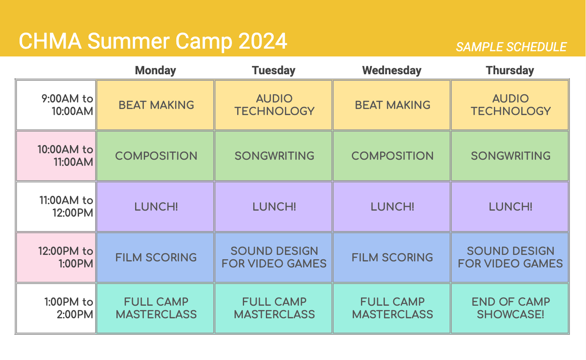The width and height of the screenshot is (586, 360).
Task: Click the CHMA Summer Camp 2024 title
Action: pyautogui.click(x=153, y=41)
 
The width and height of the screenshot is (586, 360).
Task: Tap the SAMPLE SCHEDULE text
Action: pyautogui.click(x=511, y=47)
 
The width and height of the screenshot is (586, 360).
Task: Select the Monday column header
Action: pyautogui.click(x=156, y=70)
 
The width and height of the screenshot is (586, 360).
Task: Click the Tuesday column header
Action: pyautogui.click(x=274, y=70)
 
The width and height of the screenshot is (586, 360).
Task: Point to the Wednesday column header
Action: pyautogui.click(x=392, y=70)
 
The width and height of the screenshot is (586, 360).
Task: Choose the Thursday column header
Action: pyautogui.click(x=510, y=70)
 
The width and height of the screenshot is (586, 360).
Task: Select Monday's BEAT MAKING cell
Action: pyautogui.click(x=156, y=105)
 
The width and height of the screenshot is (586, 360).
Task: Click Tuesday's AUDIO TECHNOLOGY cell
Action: pyautogui.click(x=274, y=105)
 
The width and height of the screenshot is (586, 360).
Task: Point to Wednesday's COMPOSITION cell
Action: pyautogui.click(x=392, y=156)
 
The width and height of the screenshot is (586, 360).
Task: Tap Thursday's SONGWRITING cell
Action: pyautogui.click(x=510, y=156)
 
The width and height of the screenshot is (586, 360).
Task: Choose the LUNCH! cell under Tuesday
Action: pyautogui.click(x=274, y=207)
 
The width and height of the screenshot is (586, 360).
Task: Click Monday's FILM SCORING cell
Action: pyautogui.click(x=156, y=258)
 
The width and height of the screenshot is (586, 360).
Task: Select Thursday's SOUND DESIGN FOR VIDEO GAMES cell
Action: pyautogui.click(x=510, y=258)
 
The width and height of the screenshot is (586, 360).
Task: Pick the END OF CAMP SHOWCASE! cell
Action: pyautogui.click(x=510, y=308)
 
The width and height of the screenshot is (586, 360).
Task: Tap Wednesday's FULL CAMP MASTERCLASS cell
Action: pyautogui.click(x=392, y=308)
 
